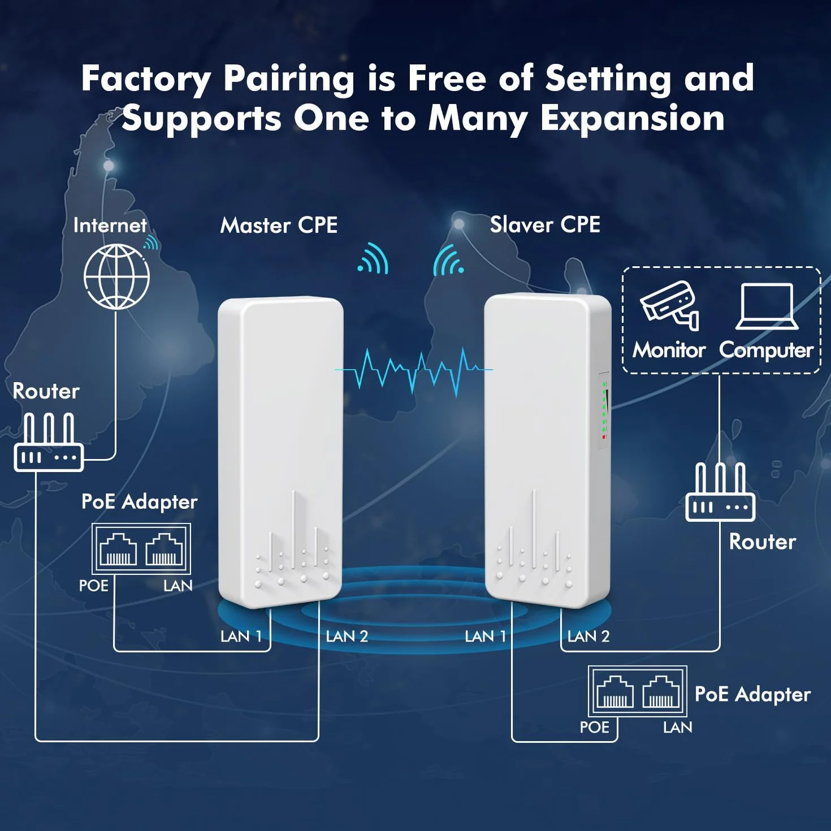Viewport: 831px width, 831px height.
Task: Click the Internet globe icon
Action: (x=116, y=276)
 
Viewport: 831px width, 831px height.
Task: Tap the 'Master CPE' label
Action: (x=279, y=225)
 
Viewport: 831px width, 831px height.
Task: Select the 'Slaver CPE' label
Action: (x=545, y=224)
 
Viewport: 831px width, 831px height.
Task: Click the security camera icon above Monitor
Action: (x=669, y=305)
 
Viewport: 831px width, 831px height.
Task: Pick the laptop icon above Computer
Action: (x=767, y=306)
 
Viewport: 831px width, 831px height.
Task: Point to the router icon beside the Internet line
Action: (x=49, y=442)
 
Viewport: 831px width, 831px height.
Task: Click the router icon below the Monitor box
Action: (x=720, y=492)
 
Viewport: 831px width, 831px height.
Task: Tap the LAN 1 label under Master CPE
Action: (x=241, y=636)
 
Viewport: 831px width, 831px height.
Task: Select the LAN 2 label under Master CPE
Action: (x=347, y=636)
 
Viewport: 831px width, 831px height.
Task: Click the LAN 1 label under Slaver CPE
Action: (x=485, y=636)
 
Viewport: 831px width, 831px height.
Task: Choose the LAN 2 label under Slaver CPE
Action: (x=588, y=636)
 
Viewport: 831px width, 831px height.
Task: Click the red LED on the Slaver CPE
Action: (x=604, y=438)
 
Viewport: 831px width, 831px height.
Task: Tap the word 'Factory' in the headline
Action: (x=146, y=79)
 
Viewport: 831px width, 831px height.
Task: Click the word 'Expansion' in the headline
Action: (x=632, y=119)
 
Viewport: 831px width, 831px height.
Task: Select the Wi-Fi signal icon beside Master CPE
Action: (x=373, y=258)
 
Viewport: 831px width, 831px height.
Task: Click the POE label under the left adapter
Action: (x=94, y=586)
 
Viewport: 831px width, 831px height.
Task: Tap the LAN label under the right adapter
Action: (x=677, y=727)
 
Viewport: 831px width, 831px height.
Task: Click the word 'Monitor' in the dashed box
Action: (x=669, y=350)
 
